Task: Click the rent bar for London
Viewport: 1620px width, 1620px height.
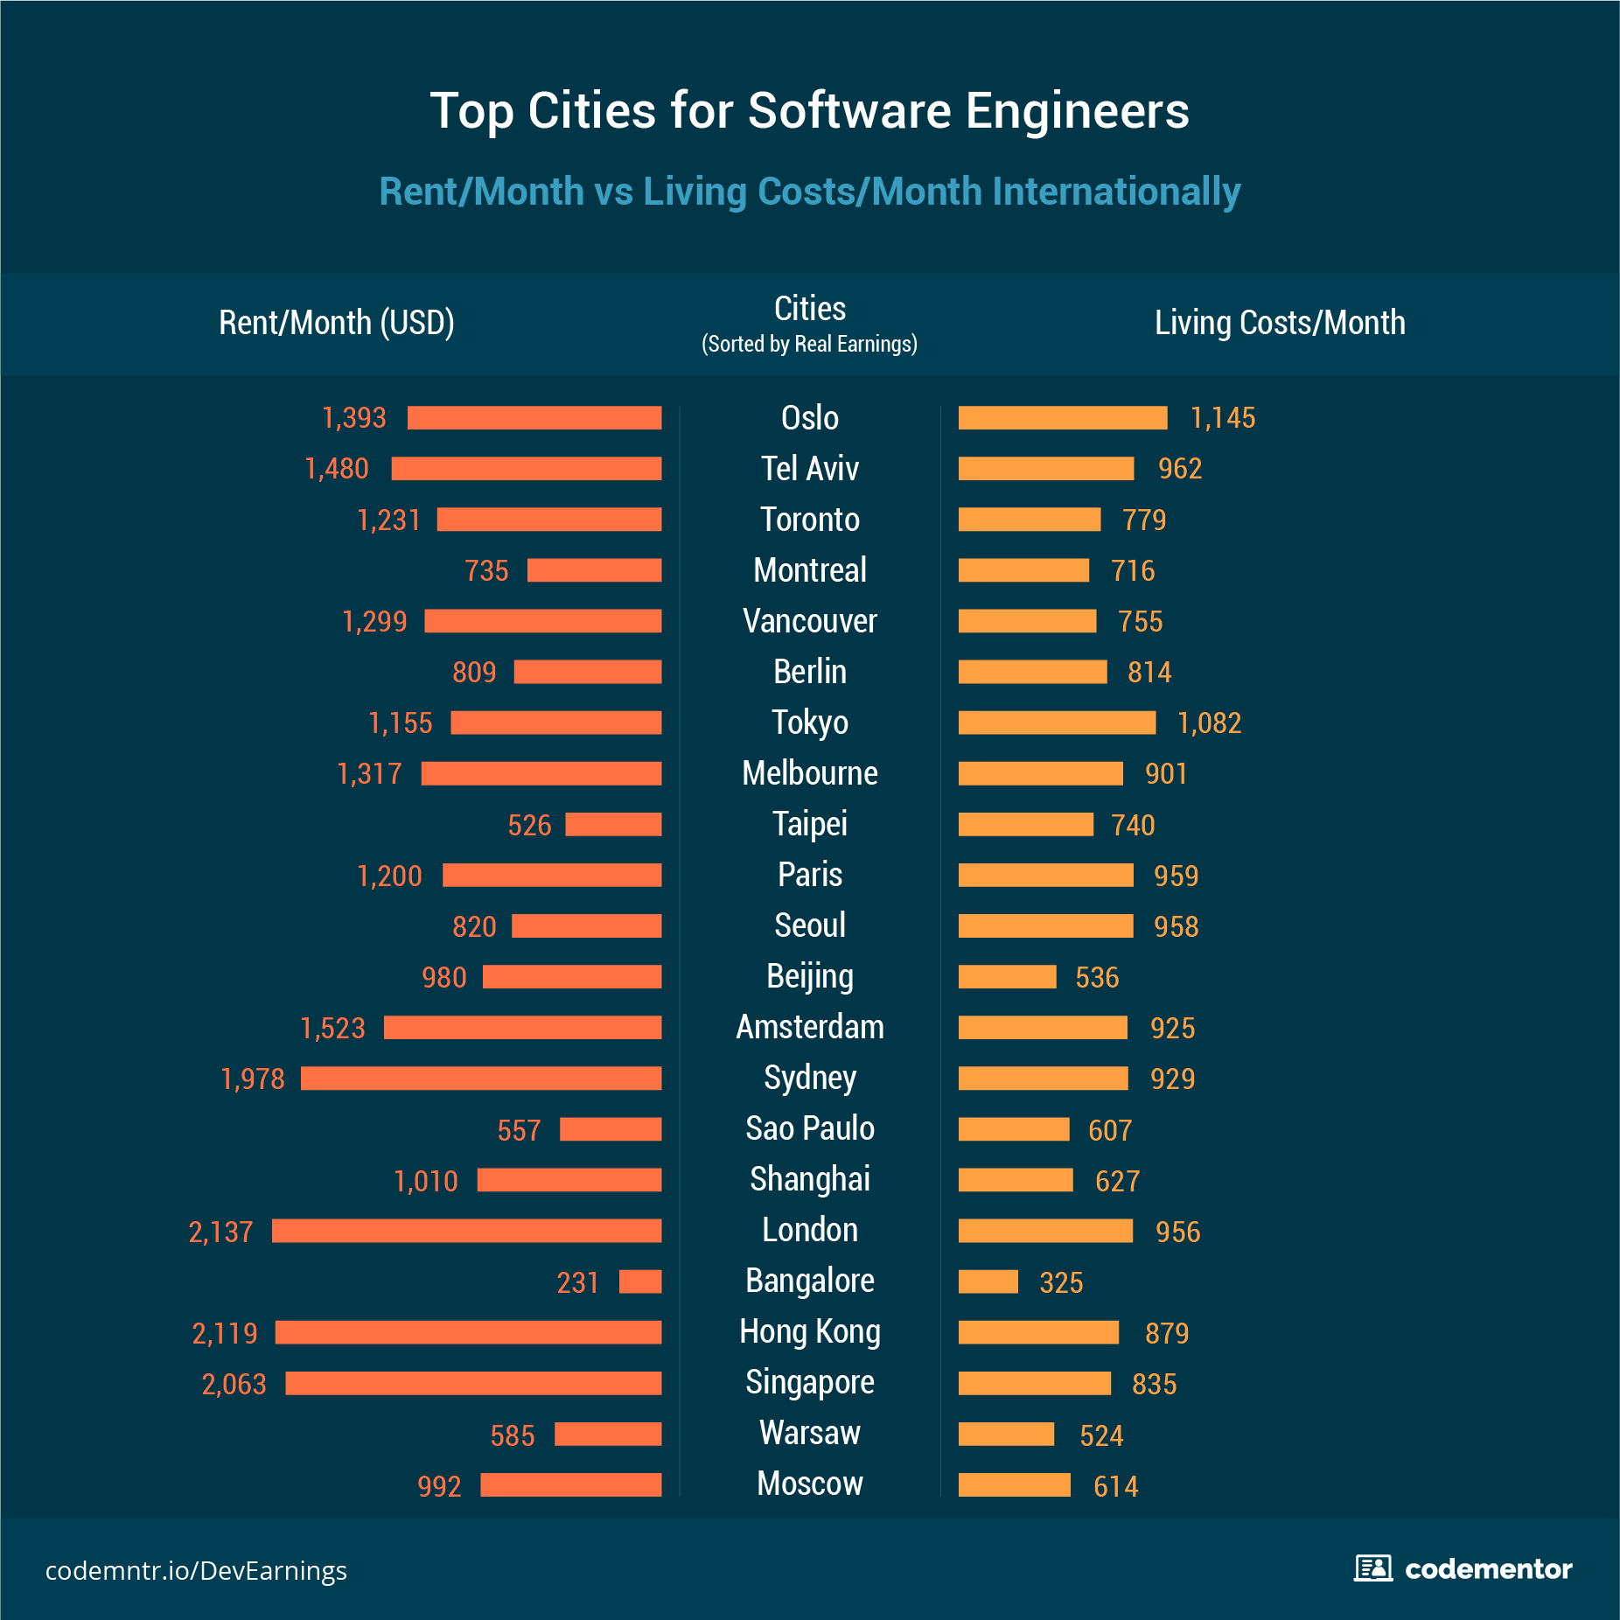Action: coord(466,1231)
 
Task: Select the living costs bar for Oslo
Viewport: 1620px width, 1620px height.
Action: coord(1062,418)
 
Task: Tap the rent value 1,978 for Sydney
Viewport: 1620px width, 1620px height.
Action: coord(252,1079)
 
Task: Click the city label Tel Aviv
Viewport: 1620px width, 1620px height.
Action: coord(809,469)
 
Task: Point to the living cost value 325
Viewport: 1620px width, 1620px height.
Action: coord(1060,1282)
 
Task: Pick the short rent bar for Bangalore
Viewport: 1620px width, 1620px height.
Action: coord(640,1281)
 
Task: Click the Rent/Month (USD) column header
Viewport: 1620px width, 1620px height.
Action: coord(336,323)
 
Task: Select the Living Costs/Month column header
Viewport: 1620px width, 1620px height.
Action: coord(1279,323)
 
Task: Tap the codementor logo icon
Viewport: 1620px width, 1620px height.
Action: coord(1372,1568)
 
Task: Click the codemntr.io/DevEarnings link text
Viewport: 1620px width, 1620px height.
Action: coord(196,1571)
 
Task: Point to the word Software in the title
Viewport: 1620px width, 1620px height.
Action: coord(848,111)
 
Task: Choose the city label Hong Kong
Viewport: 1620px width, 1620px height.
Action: coord(809,1331)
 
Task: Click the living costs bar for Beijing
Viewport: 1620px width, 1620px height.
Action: coord(1007,977)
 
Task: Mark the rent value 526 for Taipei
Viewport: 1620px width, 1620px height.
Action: coord(529,825)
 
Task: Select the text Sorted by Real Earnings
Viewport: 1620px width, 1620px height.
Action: coord(809,344)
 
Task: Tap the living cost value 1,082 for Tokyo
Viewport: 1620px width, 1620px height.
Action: coord(1209,723)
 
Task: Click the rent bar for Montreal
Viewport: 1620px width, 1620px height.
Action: coord(594,570)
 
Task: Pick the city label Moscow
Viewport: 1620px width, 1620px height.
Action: coord(809,1484)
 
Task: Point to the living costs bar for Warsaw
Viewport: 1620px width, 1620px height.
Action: coord(1006,1435)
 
